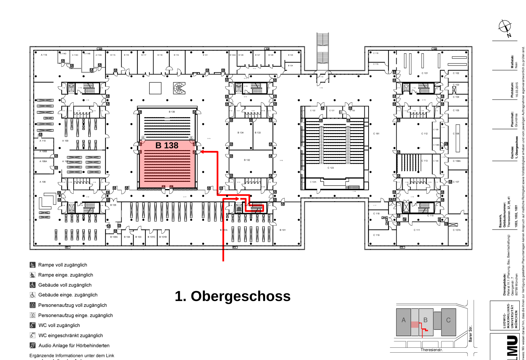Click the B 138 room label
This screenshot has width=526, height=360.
pos(167,146)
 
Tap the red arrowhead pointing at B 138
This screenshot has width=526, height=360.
pos(203,152)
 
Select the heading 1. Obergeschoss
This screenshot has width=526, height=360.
pos(232,296)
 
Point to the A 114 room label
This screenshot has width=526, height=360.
pos(44,55)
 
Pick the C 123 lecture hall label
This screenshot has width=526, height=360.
pos(331,168)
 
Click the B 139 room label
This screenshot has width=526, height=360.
pos(172,112)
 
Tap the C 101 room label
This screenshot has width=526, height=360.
pos(425,73)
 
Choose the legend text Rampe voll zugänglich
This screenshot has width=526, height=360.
pos(63,265)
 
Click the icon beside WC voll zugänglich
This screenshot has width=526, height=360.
pos(33,325)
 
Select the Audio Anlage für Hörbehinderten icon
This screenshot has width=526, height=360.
pos(33,346)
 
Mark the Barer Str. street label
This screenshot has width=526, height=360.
pos(471,333)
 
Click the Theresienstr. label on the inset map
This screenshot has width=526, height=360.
pos(432,350)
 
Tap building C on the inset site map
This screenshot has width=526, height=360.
pos(448,320)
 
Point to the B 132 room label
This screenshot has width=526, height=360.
pos(247,160)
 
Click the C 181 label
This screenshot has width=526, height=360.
pos(376,134)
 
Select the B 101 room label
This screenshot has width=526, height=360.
pos(283,230)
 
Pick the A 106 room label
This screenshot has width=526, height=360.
pos(42,182)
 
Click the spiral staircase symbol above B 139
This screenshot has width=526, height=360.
pos(179,88)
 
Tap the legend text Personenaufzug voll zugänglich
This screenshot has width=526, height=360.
pos(73,305)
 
